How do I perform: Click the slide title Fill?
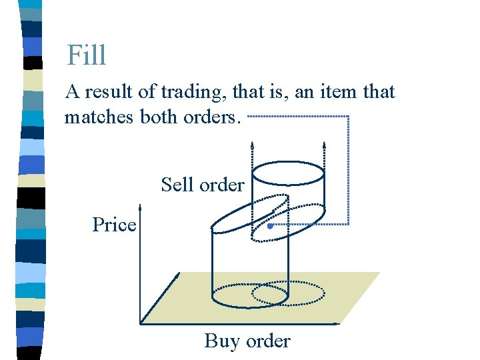(87, 55)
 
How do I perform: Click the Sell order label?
(203, 184)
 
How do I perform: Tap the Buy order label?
(247, 341)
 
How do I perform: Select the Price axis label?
(114, 225)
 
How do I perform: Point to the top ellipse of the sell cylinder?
(288, 174)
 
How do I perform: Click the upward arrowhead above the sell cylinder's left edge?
(252, 144)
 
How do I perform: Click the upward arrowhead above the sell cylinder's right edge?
(324, 144)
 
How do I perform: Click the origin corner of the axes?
(140, 323)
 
